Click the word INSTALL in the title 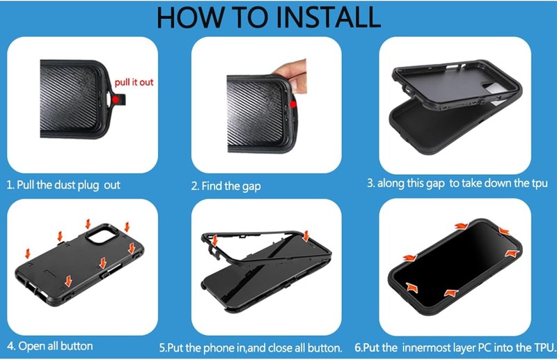pos(328,17)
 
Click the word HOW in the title pos(190,17)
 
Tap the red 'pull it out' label pos(134,82)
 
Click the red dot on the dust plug pos(116,100)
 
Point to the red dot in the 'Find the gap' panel pos(292,104)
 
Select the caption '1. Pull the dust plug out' pos(63,185)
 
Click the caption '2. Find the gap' pos(226,186)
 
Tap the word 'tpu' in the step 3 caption pos(538,183)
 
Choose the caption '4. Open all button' pos(50,346)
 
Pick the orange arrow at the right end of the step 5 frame pos(306,236)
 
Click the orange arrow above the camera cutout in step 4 pos(88,224)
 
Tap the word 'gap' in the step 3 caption pos(434,184)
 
